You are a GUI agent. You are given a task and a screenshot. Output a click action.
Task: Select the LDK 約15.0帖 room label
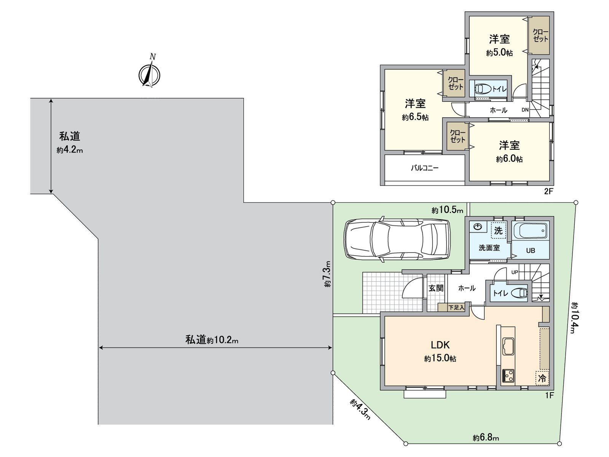click(440, 351)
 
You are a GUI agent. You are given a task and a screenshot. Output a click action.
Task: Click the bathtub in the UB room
click(530, 231)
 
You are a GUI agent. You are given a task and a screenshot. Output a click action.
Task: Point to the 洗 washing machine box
click(498, 230)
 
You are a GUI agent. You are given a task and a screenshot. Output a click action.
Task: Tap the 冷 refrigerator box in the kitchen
click(542, 378)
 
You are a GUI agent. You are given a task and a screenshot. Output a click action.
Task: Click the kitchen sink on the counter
click(508, 346)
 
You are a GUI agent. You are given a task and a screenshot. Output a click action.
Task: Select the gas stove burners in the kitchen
click(508, 376)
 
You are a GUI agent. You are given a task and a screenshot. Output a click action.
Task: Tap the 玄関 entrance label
click(436, 288)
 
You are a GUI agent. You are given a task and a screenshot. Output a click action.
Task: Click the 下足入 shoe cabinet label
click(456, 307)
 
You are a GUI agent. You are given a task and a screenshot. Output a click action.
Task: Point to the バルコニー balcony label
click(425, 168)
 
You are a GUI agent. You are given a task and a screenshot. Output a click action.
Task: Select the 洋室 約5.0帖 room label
click(499, 45)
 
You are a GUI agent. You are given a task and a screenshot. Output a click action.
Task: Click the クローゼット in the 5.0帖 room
click(540, 35)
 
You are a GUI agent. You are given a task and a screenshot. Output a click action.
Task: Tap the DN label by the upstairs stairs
click(525, 110)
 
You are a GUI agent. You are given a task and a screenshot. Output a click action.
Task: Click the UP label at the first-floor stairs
click(515, 272)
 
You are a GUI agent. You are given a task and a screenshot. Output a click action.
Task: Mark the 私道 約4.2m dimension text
click(70, 143)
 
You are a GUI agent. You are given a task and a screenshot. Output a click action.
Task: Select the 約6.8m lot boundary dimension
click(486, 438)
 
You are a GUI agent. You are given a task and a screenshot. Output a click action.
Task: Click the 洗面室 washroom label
click(489, 248)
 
